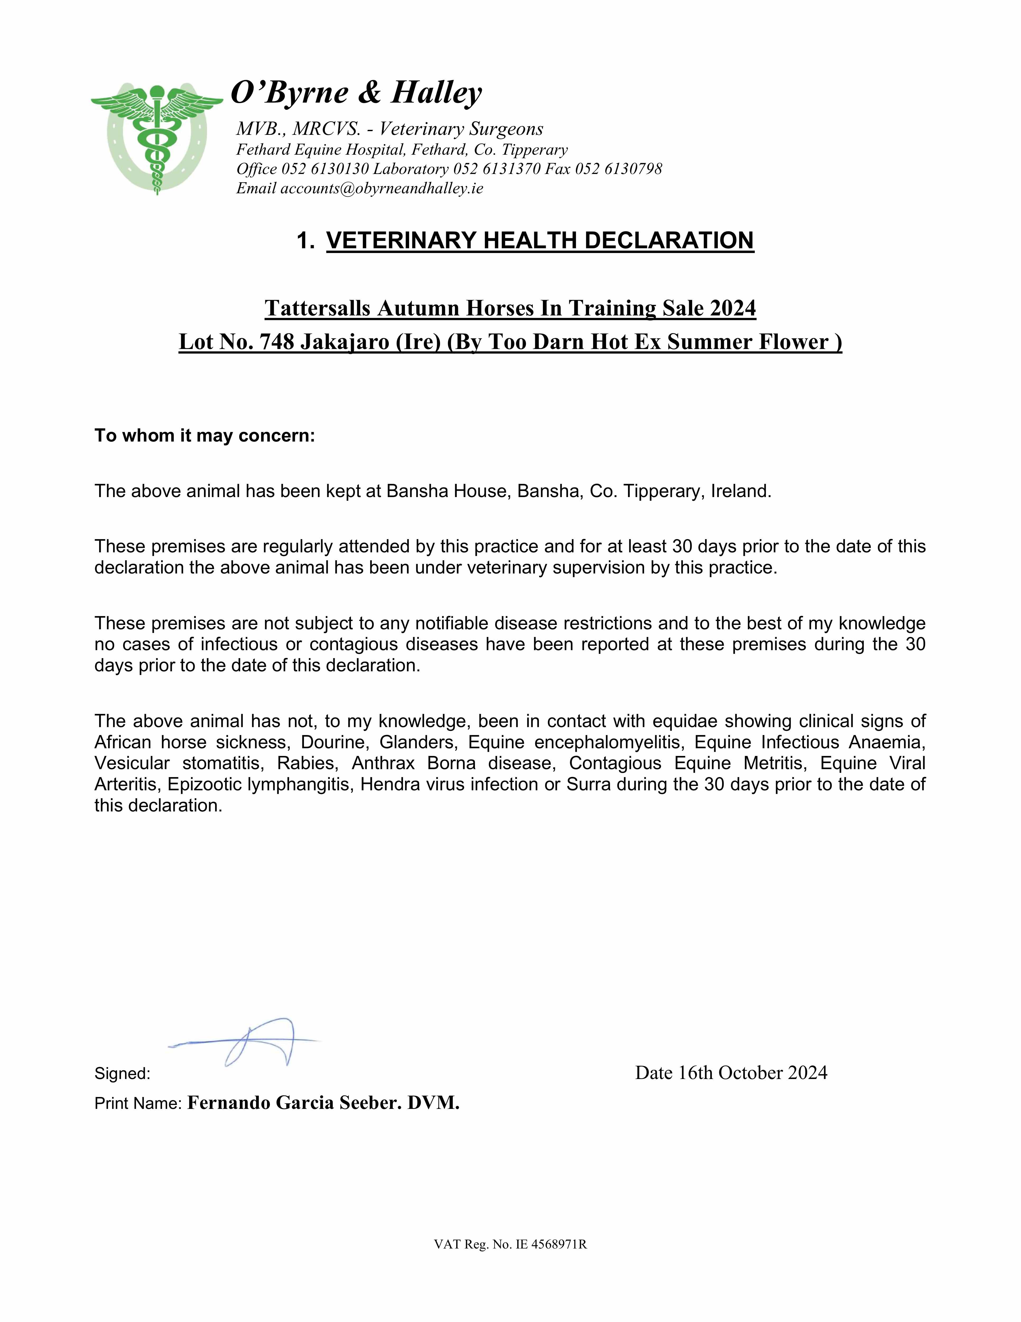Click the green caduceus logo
tap(157, 138)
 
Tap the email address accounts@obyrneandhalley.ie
tap(381, 188)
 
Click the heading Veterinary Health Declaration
tap(540, 240)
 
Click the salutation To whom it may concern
tap(205, 436)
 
